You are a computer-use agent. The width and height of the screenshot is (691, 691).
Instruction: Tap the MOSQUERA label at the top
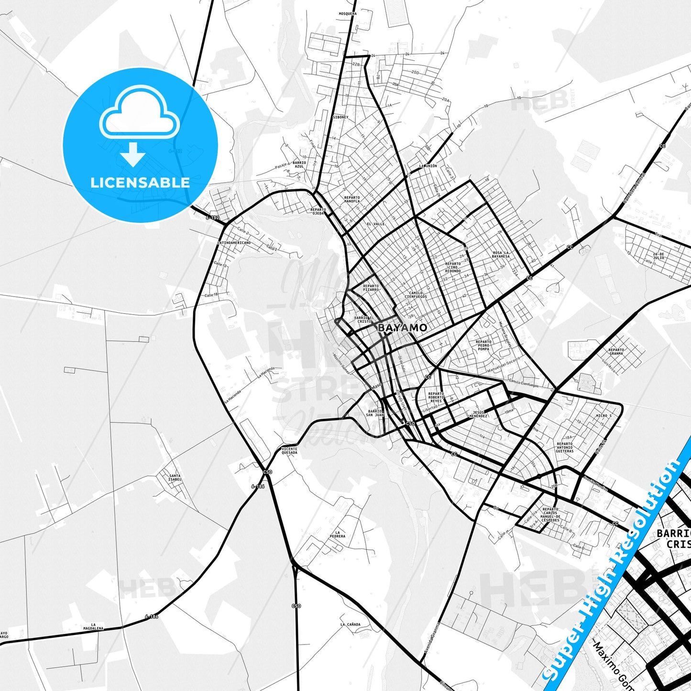[348, 14]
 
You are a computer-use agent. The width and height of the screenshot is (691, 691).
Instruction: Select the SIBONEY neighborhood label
[340, 117]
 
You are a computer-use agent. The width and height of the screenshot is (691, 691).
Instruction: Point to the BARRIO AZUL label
[299, 165]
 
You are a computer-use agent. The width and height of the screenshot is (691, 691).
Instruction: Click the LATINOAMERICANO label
[234, 243]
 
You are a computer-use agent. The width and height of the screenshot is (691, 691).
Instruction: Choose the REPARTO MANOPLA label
[351, 199]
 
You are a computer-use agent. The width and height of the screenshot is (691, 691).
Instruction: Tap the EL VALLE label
[375, 224]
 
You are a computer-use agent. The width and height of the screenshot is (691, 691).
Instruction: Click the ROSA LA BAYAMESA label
[501, 254]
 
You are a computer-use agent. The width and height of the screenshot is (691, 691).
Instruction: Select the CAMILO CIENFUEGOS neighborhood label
[415, 295]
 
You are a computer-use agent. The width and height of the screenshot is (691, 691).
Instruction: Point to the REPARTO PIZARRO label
[371, 288]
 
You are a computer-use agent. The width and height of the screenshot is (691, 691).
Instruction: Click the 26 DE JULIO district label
[658, 256]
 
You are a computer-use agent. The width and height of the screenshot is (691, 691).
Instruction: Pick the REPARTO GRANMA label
[616, 351]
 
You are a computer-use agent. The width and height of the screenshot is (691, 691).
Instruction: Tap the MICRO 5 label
[603, 416]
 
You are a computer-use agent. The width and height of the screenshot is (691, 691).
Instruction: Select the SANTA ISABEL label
[175, 478]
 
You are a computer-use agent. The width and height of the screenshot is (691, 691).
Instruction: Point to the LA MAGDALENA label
[93, 627]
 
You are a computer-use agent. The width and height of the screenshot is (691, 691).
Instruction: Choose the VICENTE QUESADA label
[289, 451]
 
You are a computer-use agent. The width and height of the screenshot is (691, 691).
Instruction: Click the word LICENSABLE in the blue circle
[140, 182]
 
